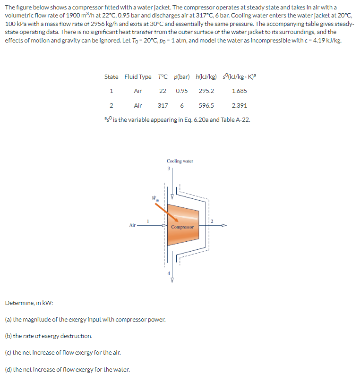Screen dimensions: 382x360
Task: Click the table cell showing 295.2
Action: click(206, 91)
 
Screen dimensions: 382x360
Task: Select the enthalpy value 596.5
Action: click(206, 106)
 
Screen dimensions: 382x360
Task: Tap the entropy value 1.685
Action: click(239, 91)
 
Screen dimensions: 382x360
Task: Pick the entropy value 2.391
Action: click(239, 106)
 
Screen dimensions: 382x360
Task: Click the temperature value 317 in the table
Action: click(163, 106)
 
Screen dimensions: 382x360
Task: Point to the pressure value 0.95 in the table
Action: click(181, 91)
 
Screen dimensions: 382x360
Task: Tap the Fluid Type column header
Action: click(138, 76)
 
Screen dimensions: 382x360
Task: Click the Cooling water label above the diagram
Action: click(180, 161)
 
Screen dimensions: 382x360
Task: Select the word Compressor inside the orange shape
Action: click(182, 227)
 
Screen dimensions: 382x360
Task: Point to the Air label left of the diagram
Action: click(132, 225)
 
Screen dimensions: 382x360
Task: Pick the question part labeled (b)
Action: click(48, 336)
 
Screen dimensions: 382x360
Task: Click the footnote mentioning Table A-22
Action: click(177, 119)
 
